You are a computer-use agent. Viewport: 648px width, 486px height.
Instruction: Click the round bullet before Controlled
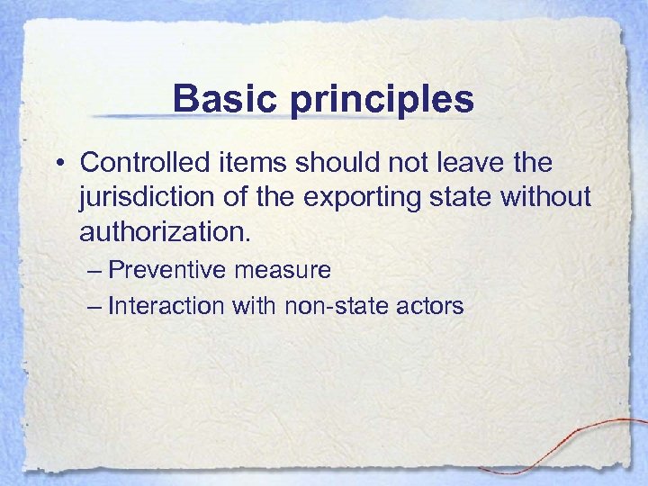(x=59, y=164)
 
